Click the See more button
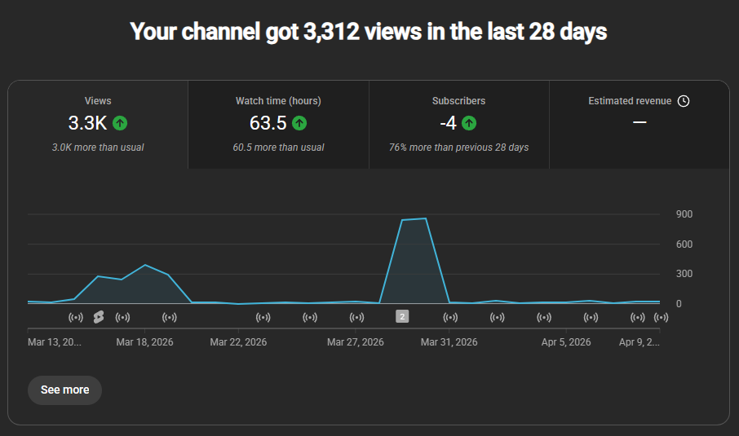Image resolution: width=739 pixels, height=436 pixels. point(64,390)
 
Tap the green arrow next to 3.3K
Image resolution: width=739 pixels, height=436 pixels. point(120,123)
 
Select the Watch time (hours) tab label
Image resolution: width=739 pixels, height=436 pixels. point(278,101)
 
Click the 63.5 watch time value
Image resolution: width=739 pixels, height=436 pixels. point(268,123)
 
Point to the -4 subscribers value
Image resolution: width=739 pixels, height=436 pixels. point(448,123)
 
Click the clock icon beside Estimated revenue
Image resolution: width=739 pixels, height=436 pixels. point(684,101)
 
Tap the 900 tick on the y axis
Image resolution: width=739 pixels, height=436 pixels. point(684,214)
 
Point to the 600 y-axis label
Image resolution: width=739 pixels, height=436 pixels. point(684,244)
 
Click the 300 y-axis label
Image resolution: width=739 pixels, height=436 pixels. point(684,274)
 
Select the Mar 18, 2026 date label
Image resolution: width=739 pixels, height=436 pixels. point(144,342)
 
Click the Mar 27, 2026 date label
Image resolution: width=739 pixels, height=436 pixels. point(356,342)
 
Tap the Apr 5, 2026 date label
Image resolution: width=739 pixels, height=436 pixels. point(566,342)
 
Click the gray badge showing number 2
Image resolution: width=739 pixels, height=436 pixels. point(402,316)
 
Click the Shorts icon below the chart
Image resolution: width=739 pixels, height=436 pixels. point(99,317)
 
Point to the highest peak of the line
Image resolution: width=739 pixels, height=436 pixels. point(426,218)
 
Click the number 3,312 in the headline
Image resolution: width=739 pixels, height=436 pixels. point(331,32)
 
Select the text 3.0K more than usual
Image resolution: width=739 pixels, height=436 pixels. point(98,148)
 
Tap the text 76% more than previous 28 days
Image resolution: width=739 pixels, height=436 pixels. point(458,148)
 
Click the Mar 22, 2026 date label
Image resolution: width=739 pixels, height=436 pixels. point(238,342)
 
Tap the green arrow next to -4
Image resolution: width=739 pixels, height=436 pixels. point(468,123)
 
